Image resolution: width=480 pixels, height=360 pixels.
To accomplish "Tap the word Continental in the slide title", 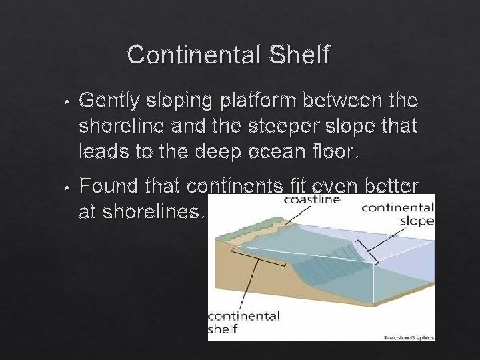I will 194,55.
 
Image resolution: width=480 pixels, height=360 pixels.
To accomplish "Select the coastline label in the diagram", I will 313,199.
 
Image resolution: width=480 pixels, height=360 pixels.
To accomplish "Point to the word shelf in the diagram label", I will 223,329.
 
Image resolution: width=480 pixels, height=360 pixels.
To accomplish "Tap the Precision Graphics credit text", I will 409,337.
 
